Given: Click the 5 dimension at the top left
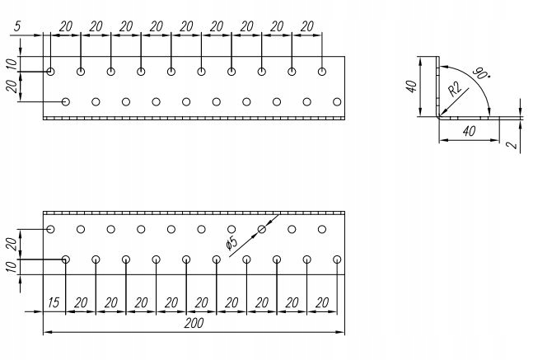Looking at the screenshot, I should pos(16,26).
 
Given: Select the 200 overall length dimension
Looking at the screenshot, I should pos(193,324).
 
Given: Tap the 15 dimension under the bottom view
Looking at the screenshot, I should pos(54,302).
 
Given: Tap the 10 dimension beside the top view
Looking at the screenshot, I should pos(11,63).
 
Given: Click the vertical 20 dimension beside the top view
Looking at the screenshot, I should pos(11,86).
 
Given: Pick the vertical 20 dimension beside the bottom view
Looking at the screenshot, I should pos(11,244).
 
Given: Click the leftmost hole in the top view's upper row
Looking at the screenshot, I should pos(51,72).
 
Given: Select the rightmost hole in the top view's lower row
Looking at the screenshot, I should pos(336,102).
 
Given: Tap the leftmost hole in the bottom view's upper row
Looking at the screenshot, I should pos(51,229).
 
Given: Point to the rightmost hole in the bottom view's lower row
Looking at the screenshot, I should pos(337,259).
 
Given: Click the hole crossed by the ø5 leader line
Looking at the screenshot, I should pos(262,229).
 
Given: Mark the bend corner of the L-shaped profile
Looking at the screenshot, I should pos(438,116).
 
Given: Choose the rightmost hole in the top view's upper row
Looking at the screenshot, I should pos(321,72).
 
